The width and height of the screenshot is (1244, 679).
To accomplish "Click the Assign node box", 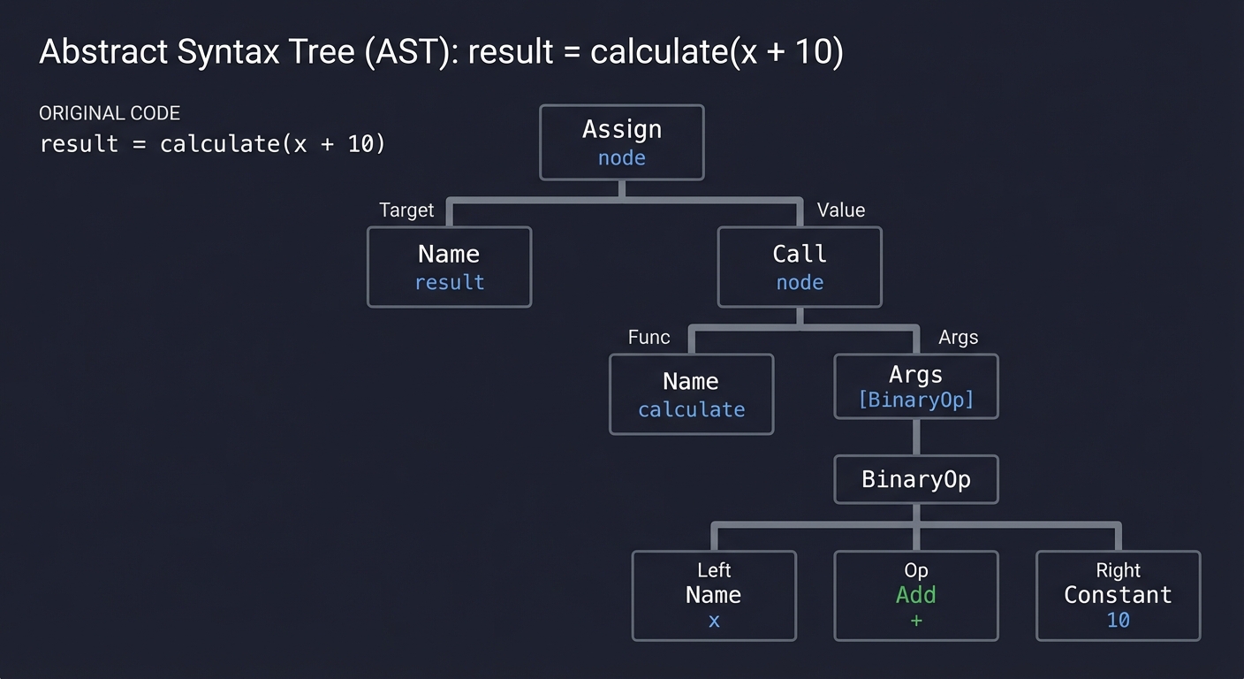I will pos(621,142).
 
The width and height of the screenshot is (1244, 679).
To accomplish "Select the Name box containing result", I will pos(449,267).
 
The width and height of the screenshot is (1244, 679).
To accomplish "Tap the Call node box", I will pos(799,267).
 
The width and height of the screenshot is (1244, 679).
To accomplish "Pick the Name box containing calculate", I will pos(691,394).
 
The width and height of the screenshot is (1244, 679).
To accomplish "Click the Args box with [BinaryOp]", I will pos(916,386).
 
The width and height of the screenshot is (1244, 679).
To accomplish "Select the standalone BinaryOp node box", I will pos(916,479).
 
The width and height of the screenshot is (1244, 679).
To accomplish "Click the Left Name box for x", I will pos(714,595).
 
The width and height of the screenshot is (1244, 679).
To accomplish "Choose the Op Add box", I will pos(916,595).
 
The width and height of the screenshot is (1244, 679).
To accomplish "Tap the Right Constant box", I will pos(1118,595).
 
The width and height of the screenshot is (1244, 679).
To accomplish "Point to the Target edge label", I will pos(406,210).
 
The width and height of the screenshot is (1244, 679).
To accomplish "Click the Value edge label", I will pos(840,210).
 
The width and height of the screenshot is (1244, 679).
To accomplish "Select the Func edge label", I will pos(649,338).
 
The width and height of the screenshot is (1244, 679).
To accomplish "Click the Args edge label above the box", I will pos(958,338).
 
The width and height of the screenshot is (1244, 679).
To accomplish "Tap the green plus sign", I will pos(916,621).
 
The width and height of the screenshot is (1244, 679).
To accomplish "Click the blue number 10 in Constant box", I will pos(1118,621).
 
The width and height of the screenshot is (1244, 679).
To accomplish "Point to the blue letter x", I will pos(714,621).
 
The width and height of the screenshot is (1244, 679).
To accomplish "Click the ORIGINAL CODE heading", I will pos(110,113).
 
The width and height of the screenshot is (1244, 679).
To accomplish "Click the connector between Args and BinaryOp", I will pos(916,437).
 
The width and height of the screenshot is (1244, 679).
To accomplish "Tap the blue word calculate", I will pos(691,410).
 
